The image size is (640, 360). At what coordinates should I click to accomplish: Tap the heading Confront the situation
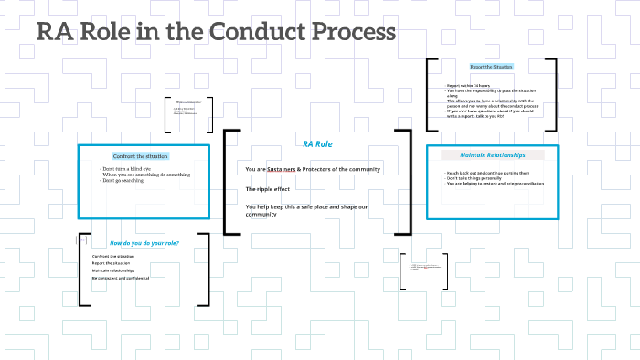(143, 156)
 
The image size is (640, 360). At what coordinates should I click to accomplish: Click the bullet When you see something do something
(146, 175)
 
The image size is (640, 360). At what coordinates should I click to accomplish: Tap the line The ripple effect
(268, 189)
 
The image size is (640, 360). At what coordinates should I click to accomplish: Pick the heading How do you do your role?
(144, 242)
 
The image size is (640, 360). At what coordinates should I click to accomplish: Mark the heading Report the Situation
(492, 67)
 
